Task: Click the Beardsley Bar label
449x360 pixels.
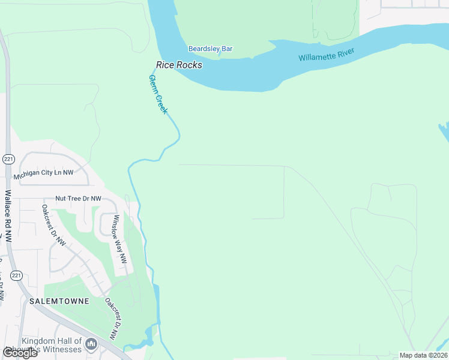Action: click(210, 49)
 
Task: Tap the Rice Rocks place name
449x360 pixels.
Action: click(179, 65)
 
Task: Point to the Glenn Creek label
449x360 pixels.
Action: click(158, 94)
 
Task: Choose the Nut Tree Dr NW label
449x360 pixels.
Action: click(78, 198)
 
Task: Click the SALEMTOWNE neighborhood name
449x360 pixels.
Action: click(59, 301)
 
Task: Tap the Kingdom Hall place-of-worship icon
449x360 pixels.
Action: click(91, 344)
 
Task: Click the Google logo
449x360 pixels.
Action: click(19, 353)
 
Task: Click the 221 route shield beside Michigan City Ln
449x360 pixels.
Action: click(8, 159)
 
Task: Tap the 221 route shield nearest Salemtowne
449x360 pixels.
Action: click(17, 275)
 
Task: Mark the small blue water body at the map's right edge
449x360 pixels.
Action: click(444, 132)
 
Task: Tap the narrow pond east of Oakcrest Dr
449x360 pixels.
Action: click(156, 297)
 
